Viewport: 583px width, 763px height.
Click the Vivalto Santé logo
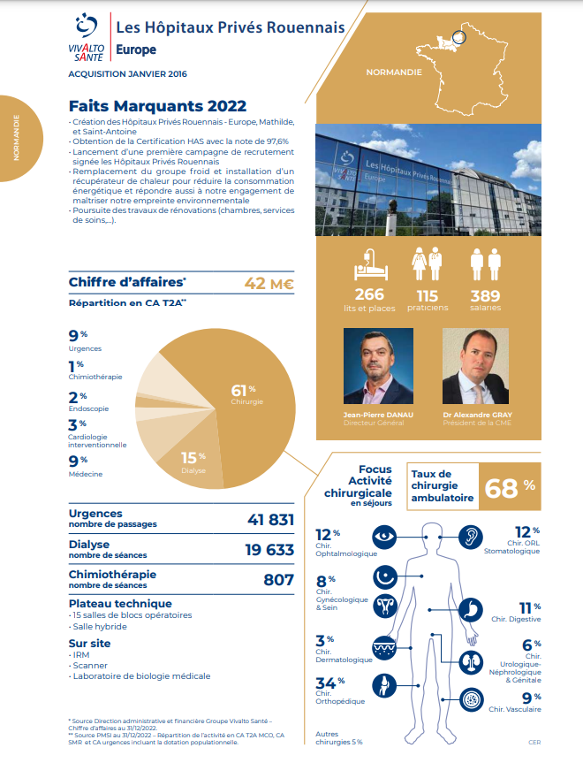87,38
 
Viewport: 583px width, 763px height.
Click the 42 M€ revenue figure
269,283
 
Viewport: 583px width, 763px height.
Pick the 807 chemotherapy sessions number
278,580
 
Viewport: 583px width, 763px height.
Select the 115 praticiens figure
428,294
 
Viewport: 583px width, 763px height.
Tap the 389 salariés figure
485,294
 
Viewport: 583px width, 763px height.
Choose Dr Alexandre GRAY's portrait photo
475,367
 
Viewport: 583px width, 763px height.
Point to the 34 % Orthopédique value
328,682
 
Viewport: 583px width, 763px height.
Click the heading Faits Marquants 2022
157,106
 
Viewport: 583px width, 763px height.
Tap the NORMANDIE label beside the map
393,72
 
